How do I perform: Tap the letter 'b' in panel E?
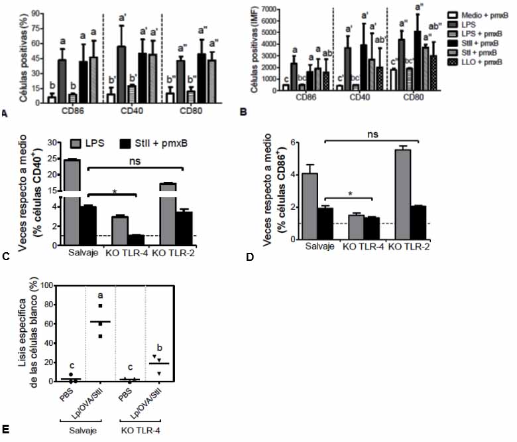click(x=158, y=347)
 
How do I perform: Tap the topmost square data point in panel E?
click(x=101, y=306)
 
